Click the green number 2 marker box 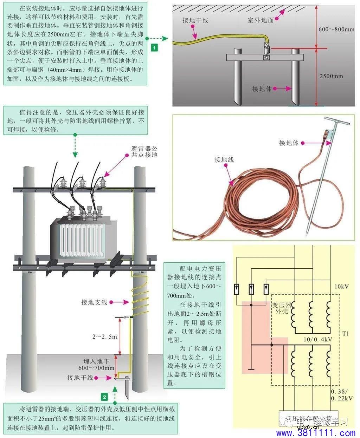[x=104, y=397]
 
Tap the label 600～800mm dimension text [x=336, y=30]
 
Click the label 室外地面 [x=261, y=20]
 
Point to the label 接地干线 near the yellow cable [x=195, y=20]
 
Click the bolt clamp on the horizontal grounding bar [x=267, y=57]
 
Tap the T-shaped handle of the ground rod [x=337, y=123]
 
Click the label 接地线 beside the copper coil [x=224, y=160]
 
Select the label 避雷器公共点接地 [x=144, y=151]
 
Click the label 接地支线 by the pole [x=94, y=302]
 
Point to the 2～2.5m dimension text [x=104, y=336]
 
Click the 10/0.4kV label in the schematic [x=317, y=340]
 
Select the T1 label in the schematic [x=346, y=333]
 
